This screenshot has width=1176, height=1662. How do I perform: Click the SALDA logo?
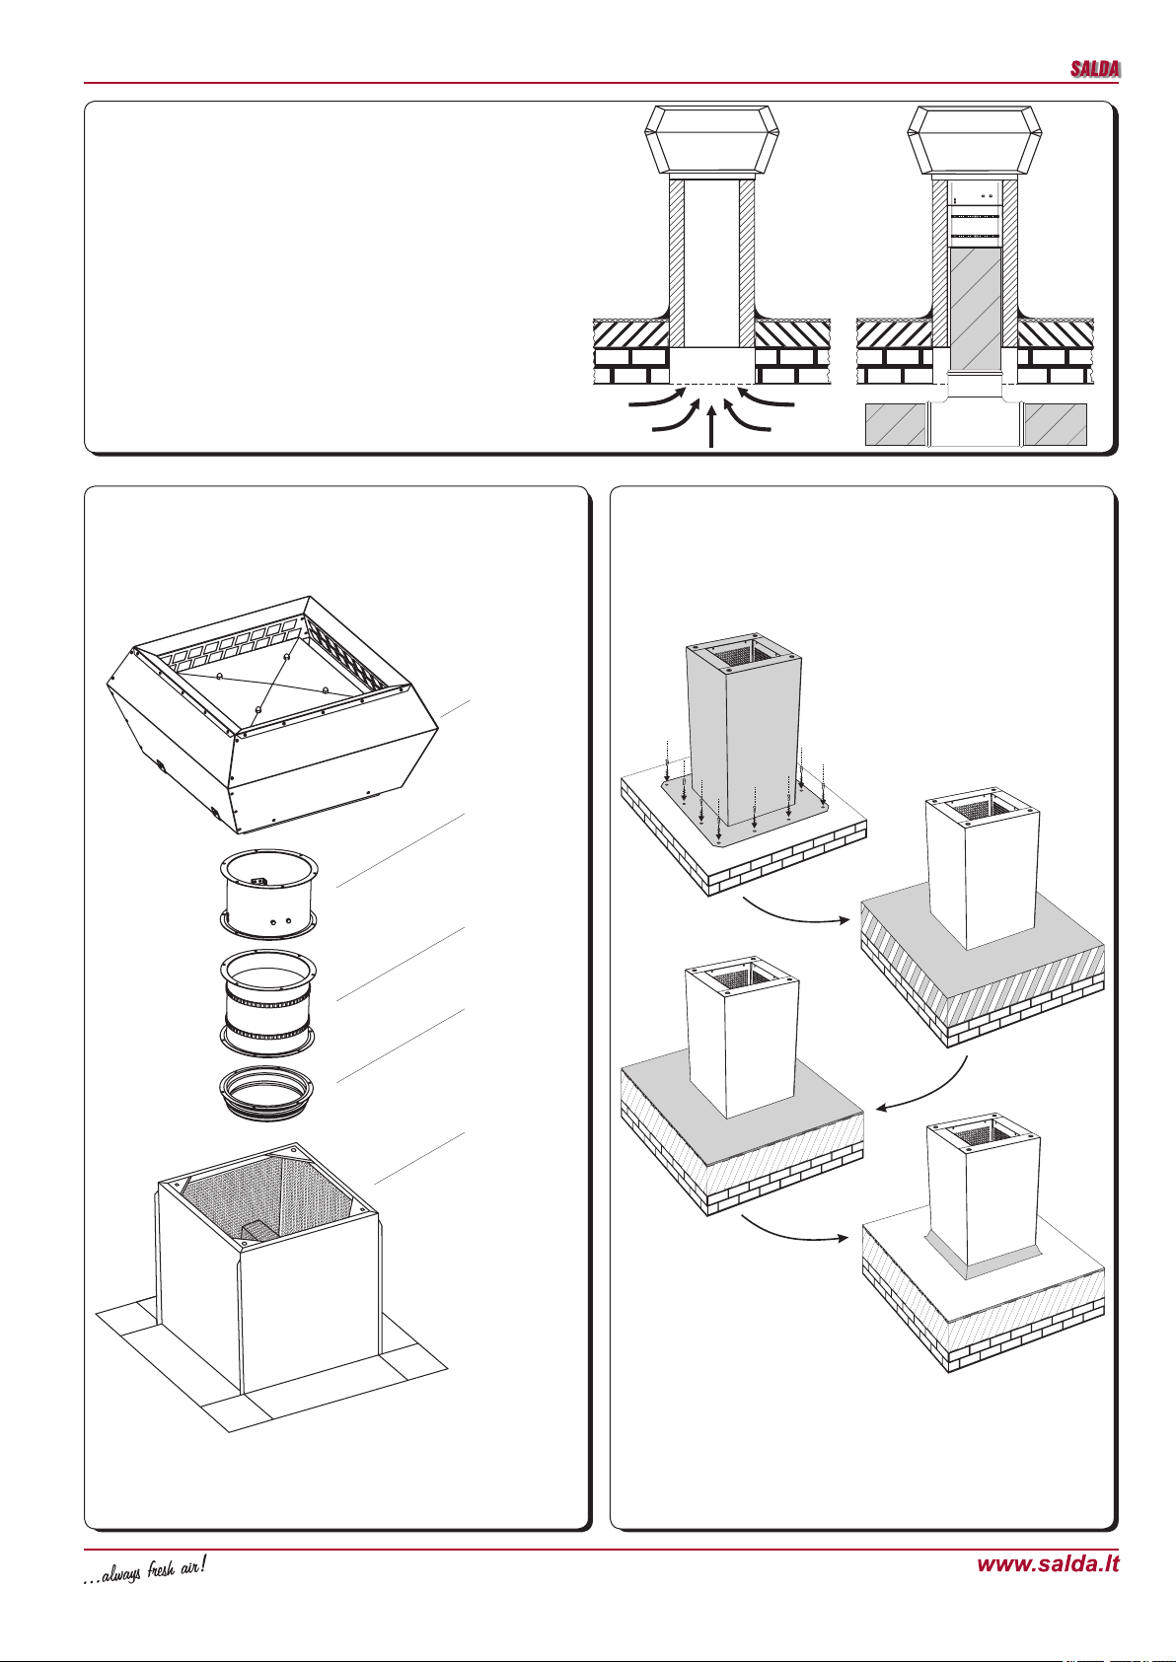coord(1095,69)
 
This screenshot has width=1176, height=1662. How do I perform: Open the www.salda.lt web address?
coord(1048,1563)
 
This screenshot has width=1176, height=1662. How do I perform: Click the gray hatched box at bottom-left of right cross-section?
coord(896,424)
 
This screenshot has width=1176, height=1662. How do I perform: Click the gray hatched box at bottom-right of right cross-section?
coord(1055,424)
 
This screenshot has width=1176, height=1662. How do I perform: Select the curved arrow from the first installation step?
coord(794,913)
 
